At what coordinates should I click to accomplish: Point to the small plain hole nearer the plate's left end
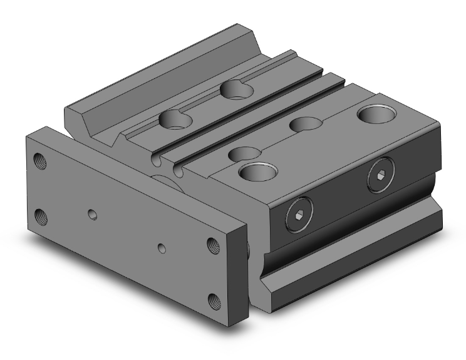[x=92, y=215]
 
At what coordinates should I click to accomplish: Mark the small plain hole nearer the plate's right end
[x=162, y=249]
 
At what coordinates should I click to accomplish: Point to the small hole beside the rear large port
[x=304, y=123]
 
